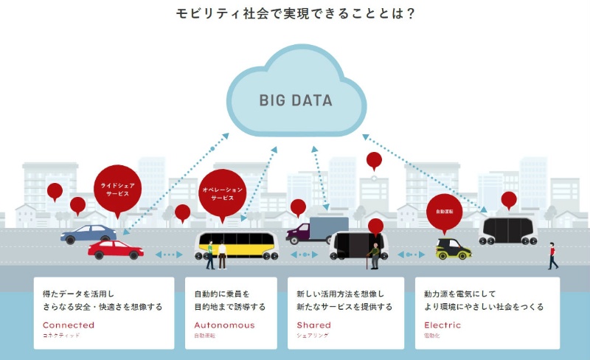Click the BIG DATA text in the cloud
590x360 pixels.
point(295,101)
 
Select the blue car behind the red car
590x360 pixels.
point(87,234)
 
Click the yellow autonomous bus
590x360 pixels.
point(236,246)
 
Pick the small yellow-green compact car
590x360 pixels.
point(453,248)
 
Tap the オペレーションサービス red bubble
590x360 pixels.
point(222,194)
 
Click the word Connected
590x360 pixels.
point(69,325)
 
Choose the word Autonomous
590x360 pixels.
point(224,325)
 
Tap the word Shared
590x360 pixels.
point(313,325)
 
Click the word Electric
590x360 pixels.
point(442,325)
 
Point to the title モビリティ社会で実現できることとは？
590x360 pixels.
point(295,14)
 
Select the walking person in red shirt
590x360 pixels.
point(552,255)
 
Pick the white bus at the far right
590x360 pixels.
point(507,229)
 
